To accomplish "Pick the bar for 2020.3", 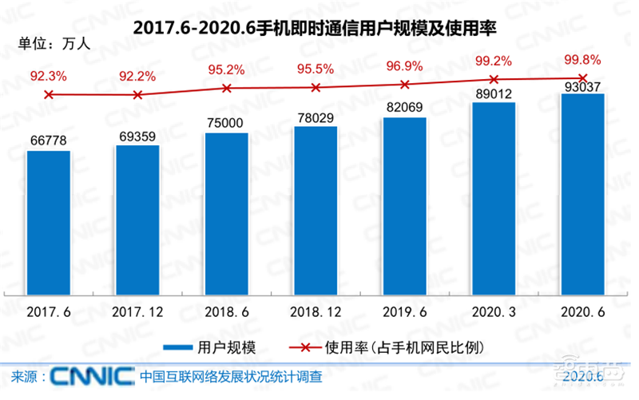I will click(x=494, y=199).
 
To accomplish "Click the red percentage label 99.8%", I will click(x=582, y=60).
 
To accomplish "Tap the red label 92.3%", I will click(x=49, y=77).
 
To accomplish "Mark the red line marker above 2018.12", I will click(x=316, y=88).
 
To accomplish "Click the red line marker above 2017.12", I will click(x=137, y=95).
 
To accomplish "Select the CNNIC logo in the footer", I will click(x=93, y=376).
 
